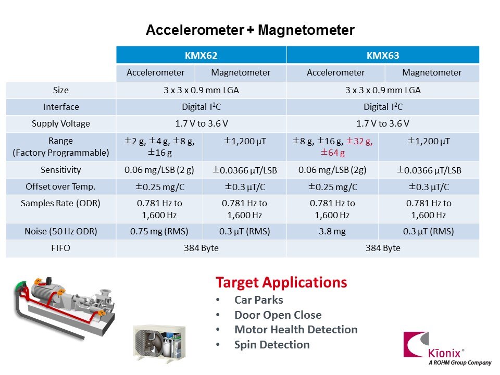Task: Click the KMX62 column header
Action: (x=201, y=55)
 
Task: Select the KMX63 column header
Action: (x=383, y=55)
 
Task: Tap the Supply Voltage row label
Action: (x=61, y=124)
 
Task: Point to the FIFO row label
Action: (x=60, y=248)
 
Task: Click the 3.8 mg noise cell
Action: (x=332, y=231)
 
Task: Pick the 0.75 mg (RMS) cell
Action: (x=159, y=231)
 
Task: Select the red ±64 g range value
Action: (x=333, y=153)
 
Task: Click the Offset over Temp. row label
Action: (x=60, y=186)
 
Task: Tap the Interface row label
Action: (x=61, y=107)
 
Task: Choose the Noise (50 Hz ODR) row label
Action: (x=61, y=231)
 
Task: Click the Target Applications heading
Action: (x=281, y=282)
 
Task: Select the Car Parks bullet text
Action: (x=259, y=300)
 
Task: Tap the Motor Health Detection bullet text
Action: (x=296, y=330)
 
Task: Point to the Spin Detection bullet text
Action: (x=272, y=345)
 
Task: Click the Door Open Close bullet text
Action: (x=278, y=315)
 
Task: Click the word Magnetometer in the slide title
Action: (x=306, y=30)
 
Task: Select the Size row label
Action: (x=61, y=90)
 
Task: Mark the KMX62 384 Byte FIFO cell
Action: (x=201, y=248)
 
